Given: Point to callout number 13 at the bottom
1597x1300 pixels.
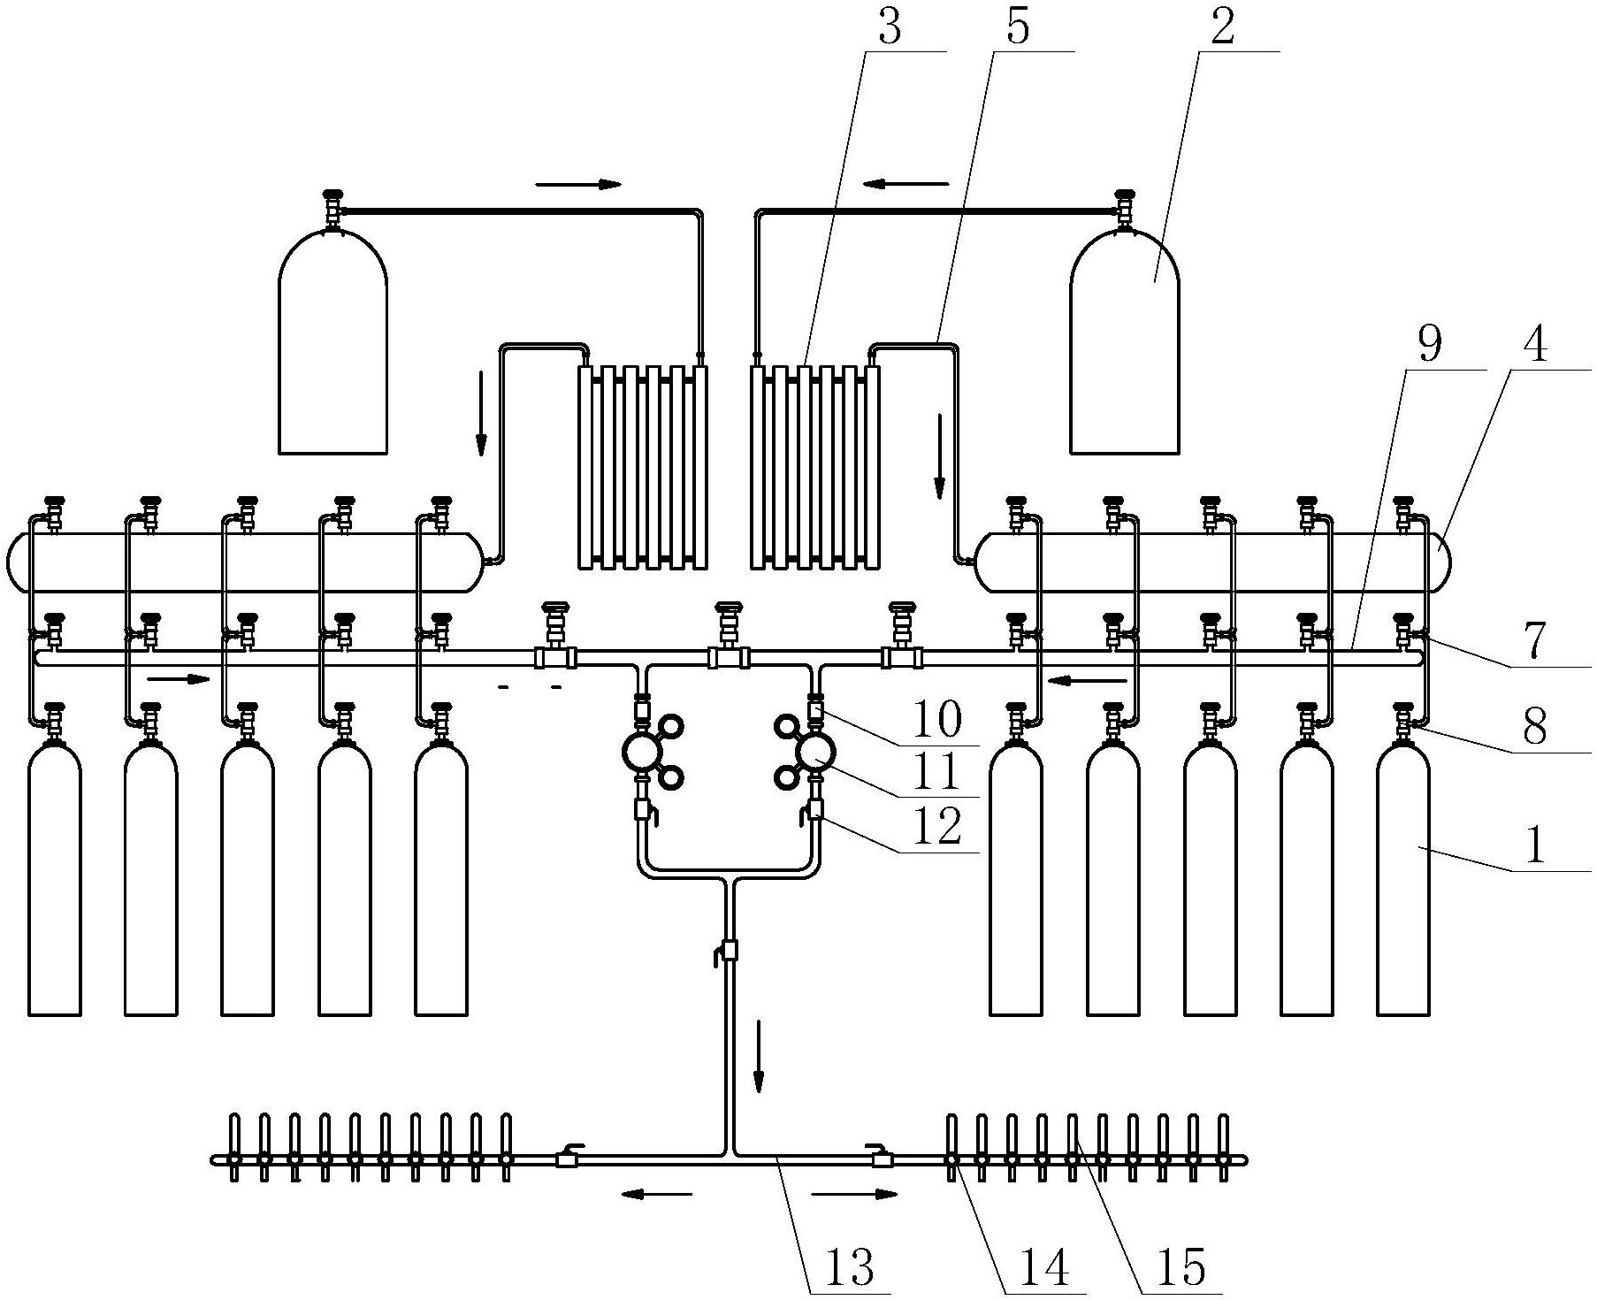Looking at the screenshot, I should click(850, 1266).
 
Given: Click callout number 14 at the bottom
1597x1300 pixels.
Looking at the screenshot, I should click(1045, 1266).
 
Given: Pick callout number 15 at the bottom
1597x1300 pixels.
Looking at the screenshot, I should click(1181, 1266).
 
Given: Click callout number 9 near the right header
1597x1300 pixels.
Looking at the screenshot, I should click(1429, 345).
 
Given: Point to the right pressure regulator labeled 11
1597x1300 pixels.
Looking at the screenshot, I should click(814, 753).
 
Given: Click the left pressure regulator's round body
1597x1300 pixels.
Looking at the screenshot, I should click(643, 753).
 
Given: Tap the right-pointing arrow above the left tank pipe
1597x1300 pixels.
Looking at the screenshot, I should click(579, 184).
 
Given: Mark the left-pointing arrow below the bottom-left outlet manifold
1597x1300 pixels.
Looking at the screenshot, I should click(655, 1195).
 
